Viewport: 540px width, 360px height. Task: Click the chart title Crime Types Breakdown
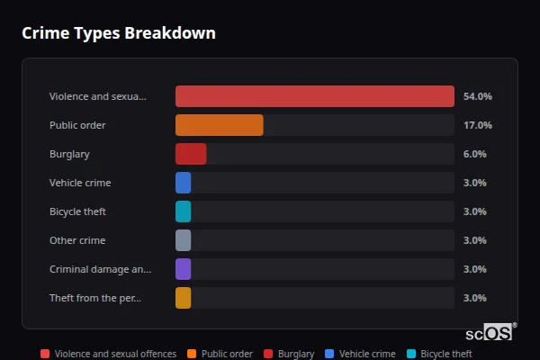pyautogui.click(x=118, y=33)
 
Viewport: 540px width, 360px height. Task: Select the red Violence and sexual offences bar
pyautogui.click(x=314, y=96)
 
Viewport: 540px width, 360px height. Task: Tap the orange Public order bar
pyautogui.click(x=219, y=125)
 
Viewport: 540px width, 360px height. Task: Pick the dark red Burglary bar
pyautogui.click(x=191, y=154)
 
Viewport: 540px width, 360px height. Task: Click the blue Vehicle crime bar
pyautogui.click(x=183, y=183)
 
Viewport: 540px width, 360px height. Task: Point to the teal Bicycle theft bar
pyautogui.click(x=183, y=211)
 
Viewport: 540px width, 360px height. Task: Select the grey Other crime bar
pyautogui.click(x=183, y=240)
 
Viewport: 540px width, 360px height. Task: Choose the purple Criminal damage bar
pyautogui.click(x=183, y=269)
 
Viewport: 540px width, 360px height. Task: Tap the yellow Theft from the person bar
pyautogui.click(x=183, y=298)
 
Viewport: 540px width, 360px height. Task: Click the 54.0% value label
pyautogui.click(x=477, y=96)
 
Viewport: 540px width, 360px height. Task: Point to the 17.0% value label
pyautogui.click(x=477, y=125)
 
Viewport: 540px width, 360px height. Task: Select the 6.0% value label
pyautogui.click(x=474, y=154)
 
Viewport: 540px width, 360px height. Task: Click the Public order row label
pyautogui.click(x=77, y=125)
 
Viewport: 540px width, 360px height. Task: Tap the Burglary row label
pyautogui.click(x=69, y=154)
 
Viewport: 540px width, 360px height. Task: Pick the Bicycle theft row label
pyautogui.click(x=77, y=211)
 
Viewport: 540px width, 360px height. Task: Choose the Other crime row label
pyautogui.click(x=77, y=240)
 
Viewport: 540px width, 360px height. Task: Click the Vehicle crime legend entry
pyautogui.click(x=360, y=354)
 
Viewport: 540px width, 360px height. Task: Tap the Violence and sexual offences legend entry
pyautogui.click(x=108, y=354)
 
